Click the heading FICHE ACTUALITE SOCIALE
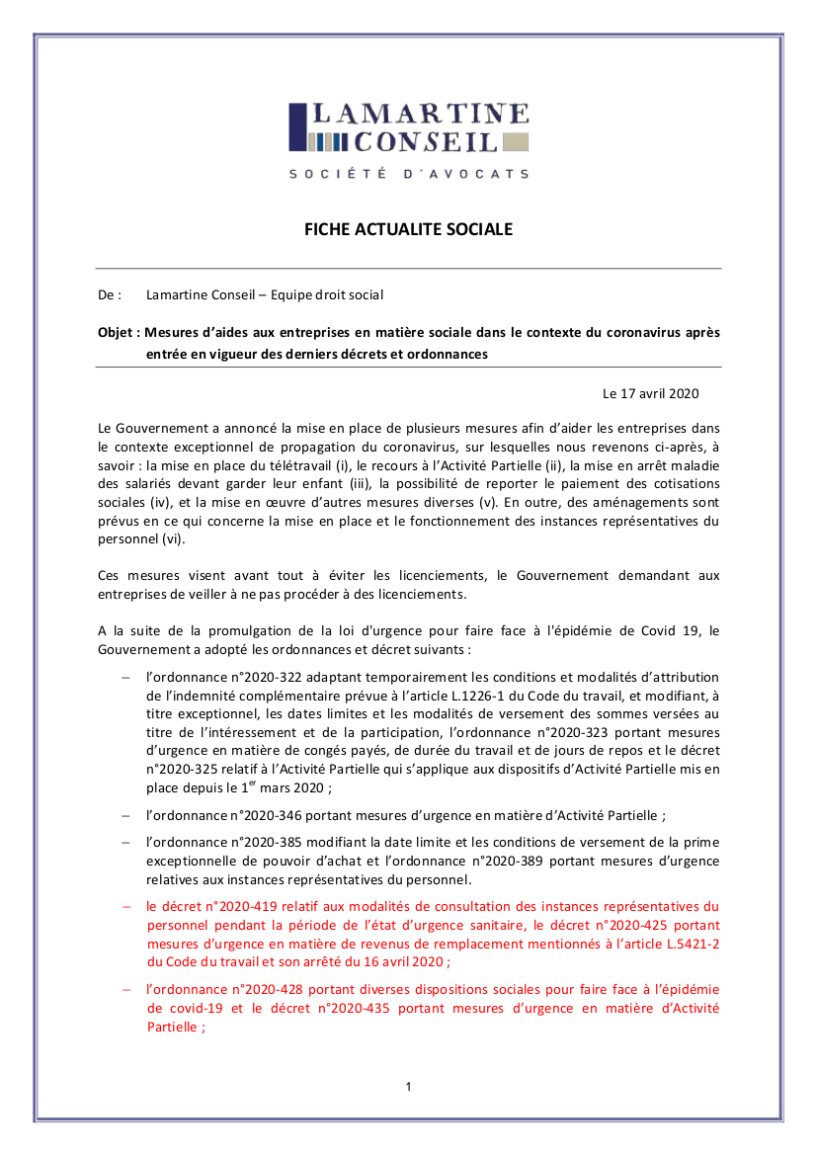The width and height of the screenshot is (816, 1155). coord(408,229)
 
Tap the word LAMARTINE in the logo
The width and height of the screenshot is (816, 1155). coord(421,115)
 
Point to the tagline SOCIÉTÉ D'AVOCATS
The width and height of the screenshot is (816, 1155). coord(408,174)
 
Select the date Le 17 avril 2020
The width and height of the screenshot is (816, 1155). coord(650,393)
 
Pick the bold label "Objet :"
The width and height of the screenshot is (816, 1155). coord(119,332)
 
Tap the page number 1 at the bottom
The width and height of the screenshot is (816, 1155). coord(408,1087)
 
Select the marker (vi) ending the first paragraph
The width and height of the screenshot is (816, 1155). coord(171,539)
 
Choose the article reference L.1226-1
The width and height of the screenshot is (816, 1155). coord(465,696)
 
